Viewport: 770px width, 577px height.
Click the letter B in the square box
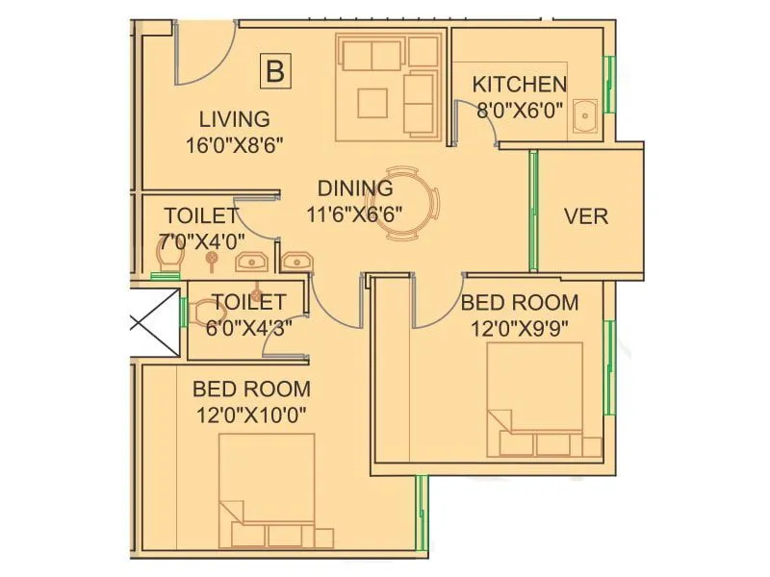click(275, 71)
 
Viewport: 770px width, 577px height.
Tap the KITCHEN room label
click(519, 85)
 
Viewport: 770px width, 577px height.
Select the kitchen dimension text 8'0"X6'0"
click(519, 110)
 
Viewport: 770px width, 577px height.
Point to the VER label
click(585, 216)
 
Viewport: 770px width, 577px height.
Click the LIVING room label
click(234, 120)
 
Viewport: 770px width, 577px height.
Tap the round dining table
click(416, 203)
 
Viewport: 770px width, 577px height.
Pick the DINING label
click(355, 188)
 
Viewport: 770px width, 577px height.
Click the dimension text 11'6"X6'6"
click(354, 213)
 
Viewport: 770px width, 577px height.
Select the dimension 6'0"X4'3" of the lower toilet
click(249, 326)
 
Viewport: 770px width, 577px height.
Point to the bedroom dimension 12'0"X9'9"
click(520, 327)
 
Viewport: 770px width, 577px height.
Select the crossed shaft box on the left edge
click(155, 323)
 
